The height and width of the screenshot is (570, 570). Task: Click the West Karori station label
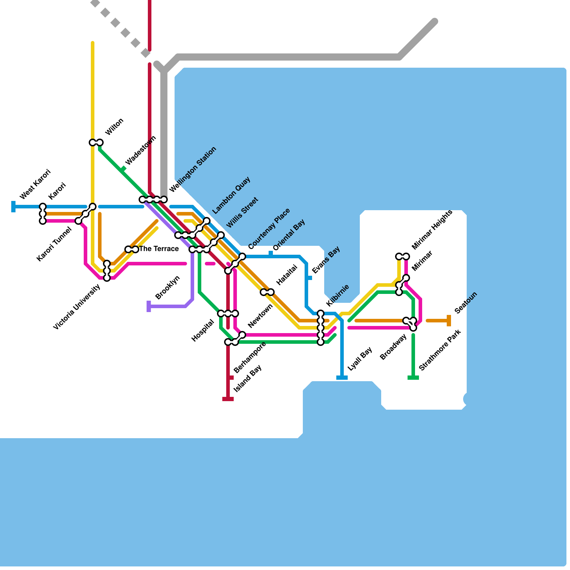click(x=35, y=184)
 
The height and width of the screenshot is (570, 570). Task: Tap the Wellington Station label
click(x=193, y=169)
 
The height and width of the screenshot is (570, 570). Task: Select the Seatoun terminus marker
click(x=449, y=321)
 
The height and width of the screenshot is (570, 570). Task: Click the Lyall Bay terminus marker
click(x=342, y=378)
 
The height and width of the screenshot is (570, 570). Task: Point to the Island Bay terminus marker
click(x=228, y=399)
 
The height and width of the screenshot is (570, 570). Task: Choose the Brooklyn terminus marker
click(x=149, y=306)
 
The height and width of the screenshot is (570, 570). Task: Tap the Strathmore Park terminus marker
click(x=413, y=378)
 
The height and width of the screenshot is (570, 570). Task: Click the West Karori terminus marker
click(x=14, y=207)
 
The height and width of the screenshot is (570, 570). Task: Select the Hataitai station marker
click(x=267, y=292)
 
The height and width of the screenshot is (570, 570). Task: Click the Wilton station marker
click(x=96, y=142)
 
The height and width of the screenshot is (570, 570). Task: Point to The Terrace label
click(x=159, y=249)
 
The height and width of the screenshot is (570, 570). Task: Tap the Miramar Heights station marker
click(x=403, y=256)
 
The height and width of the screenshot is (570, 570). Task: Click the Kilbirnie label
click(x=337, y=295)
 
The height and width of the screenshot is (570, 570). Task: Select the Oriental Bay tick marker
click(x=271, y=254)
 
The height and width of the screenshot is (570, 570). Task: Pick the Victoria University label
click(x=77, y=307)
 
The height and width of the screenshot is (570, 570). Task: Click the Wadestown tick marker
click(x=123, y=169)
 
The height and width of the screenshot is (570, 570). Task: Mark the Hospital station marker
click(x=228, y=313)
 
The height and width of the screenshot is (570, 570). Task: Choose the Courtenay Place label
click(x=269, y=229)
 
